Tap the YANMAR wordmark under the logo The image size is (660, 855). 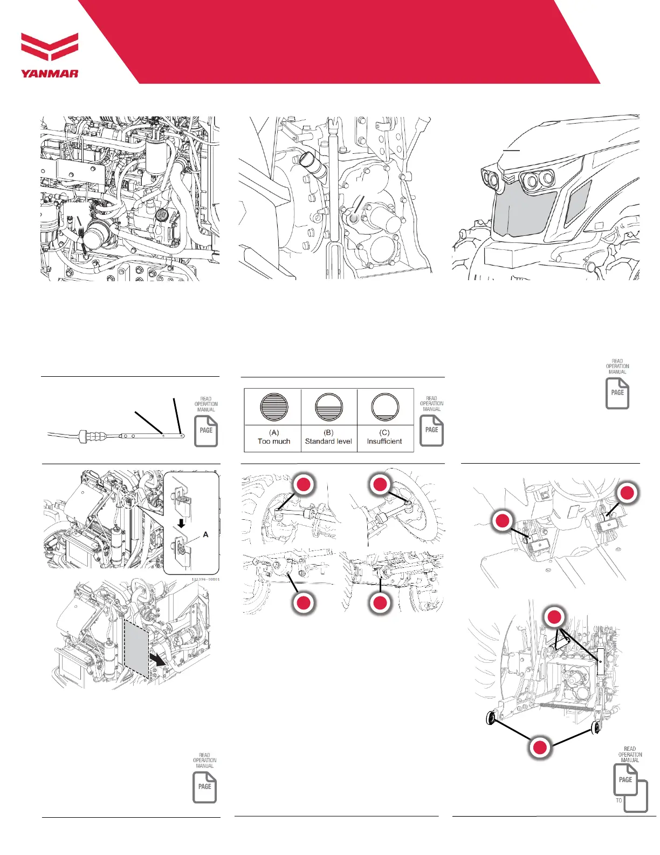coord(50,73)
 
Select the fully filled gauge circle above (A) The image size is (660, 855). coord(273,406)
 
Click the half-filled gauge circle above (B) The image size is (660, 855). coord(328,406)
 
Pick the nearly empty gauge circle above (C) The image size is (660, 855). coord(384,406)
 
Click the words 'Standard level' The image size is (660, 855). coord(328,441)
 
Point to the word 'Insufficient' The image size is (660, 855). coord(384,441)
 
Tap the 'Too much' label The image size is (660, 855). coord(273,441)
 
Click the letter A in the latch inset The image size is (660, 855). coord(205,534)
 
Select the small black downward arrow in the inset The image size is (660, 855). coord(182,523)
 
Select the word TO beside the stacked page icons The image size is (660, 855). coord(618,800)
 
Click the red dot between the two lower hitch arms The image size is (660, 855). coord(540,747)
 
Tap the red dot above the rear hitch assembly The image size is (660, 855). coord(554,617)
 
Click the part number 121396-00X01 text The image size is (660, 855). coord(205,579)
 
